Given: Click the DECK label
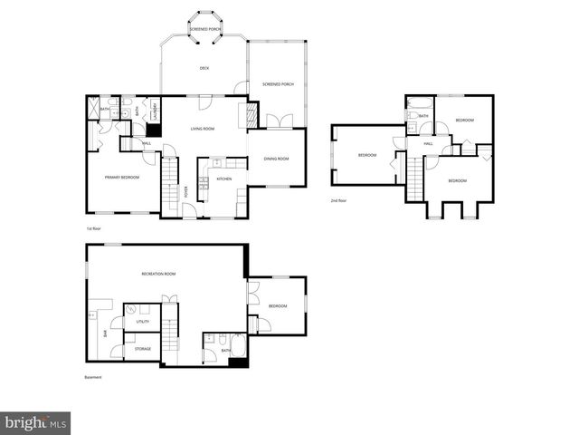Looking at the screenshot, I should (x=204, y=68).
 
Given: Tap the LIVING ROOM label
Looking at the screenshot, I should (x=202, y=129).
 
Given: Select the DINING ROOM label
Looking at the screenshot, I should (x=276, y=159).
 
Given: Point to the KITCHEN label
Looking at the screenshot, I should (x=223, y=179).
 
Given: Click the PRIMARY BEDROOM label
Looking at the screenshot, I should (x=122, y=177).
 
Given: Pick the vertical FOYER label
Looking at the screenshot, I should (x=186, y=191).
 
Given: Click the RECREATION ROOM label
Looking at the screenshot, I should (x=158, y=274).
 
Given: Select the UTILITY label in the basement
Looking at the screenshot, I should (x=143, y=322).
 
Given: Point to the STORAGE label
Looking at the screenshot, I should (x=143, y=348).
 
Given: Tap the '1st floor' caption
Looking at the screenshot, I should (x=94, y=228).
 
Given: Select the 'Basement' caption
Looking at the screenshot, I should (x=92, y=378).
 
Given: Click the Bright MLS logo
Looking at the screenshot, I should (x=35, y=422).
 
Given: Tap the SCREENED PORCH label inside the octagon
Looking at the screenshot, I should (x=206, y=29).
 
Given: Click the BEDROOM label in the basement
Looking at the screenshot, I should (x=277, y=306).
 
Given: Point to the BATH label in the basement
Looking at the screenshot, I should (x=226, y=350).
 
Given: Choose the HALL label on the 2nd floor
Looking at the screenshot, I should (x=428, y=143).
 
